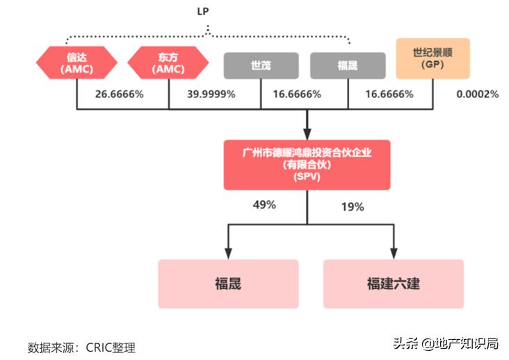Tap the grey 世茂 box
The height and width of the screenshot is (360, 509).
[261, 65]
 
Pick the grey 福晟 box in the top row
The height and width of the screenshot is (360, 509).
[348, 65]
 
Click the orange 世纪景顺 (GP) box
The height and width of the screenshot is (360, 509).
[433, 58]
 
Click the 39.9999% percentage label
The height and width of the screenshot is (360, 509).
[210, 94]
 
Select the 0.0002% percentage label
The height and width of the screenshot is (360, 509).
[478, 94]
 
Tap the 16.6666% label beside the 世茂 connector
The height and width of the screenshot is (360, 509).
[297, 94]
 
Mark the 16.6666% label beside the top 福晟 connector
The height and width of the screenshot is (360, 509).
[389, 94]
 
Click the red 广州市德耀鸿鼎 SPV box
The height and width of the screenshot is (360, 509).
[307, 165]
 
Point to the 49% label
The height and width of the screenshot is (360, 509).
[264, 205]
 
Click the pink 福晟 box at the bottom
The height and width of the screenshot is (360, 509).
[228, 284]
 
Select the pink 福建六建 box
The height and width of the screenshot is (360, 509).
[393, 284]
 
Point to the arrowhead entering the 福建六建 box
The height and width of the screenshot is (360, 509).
[394, 252]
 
